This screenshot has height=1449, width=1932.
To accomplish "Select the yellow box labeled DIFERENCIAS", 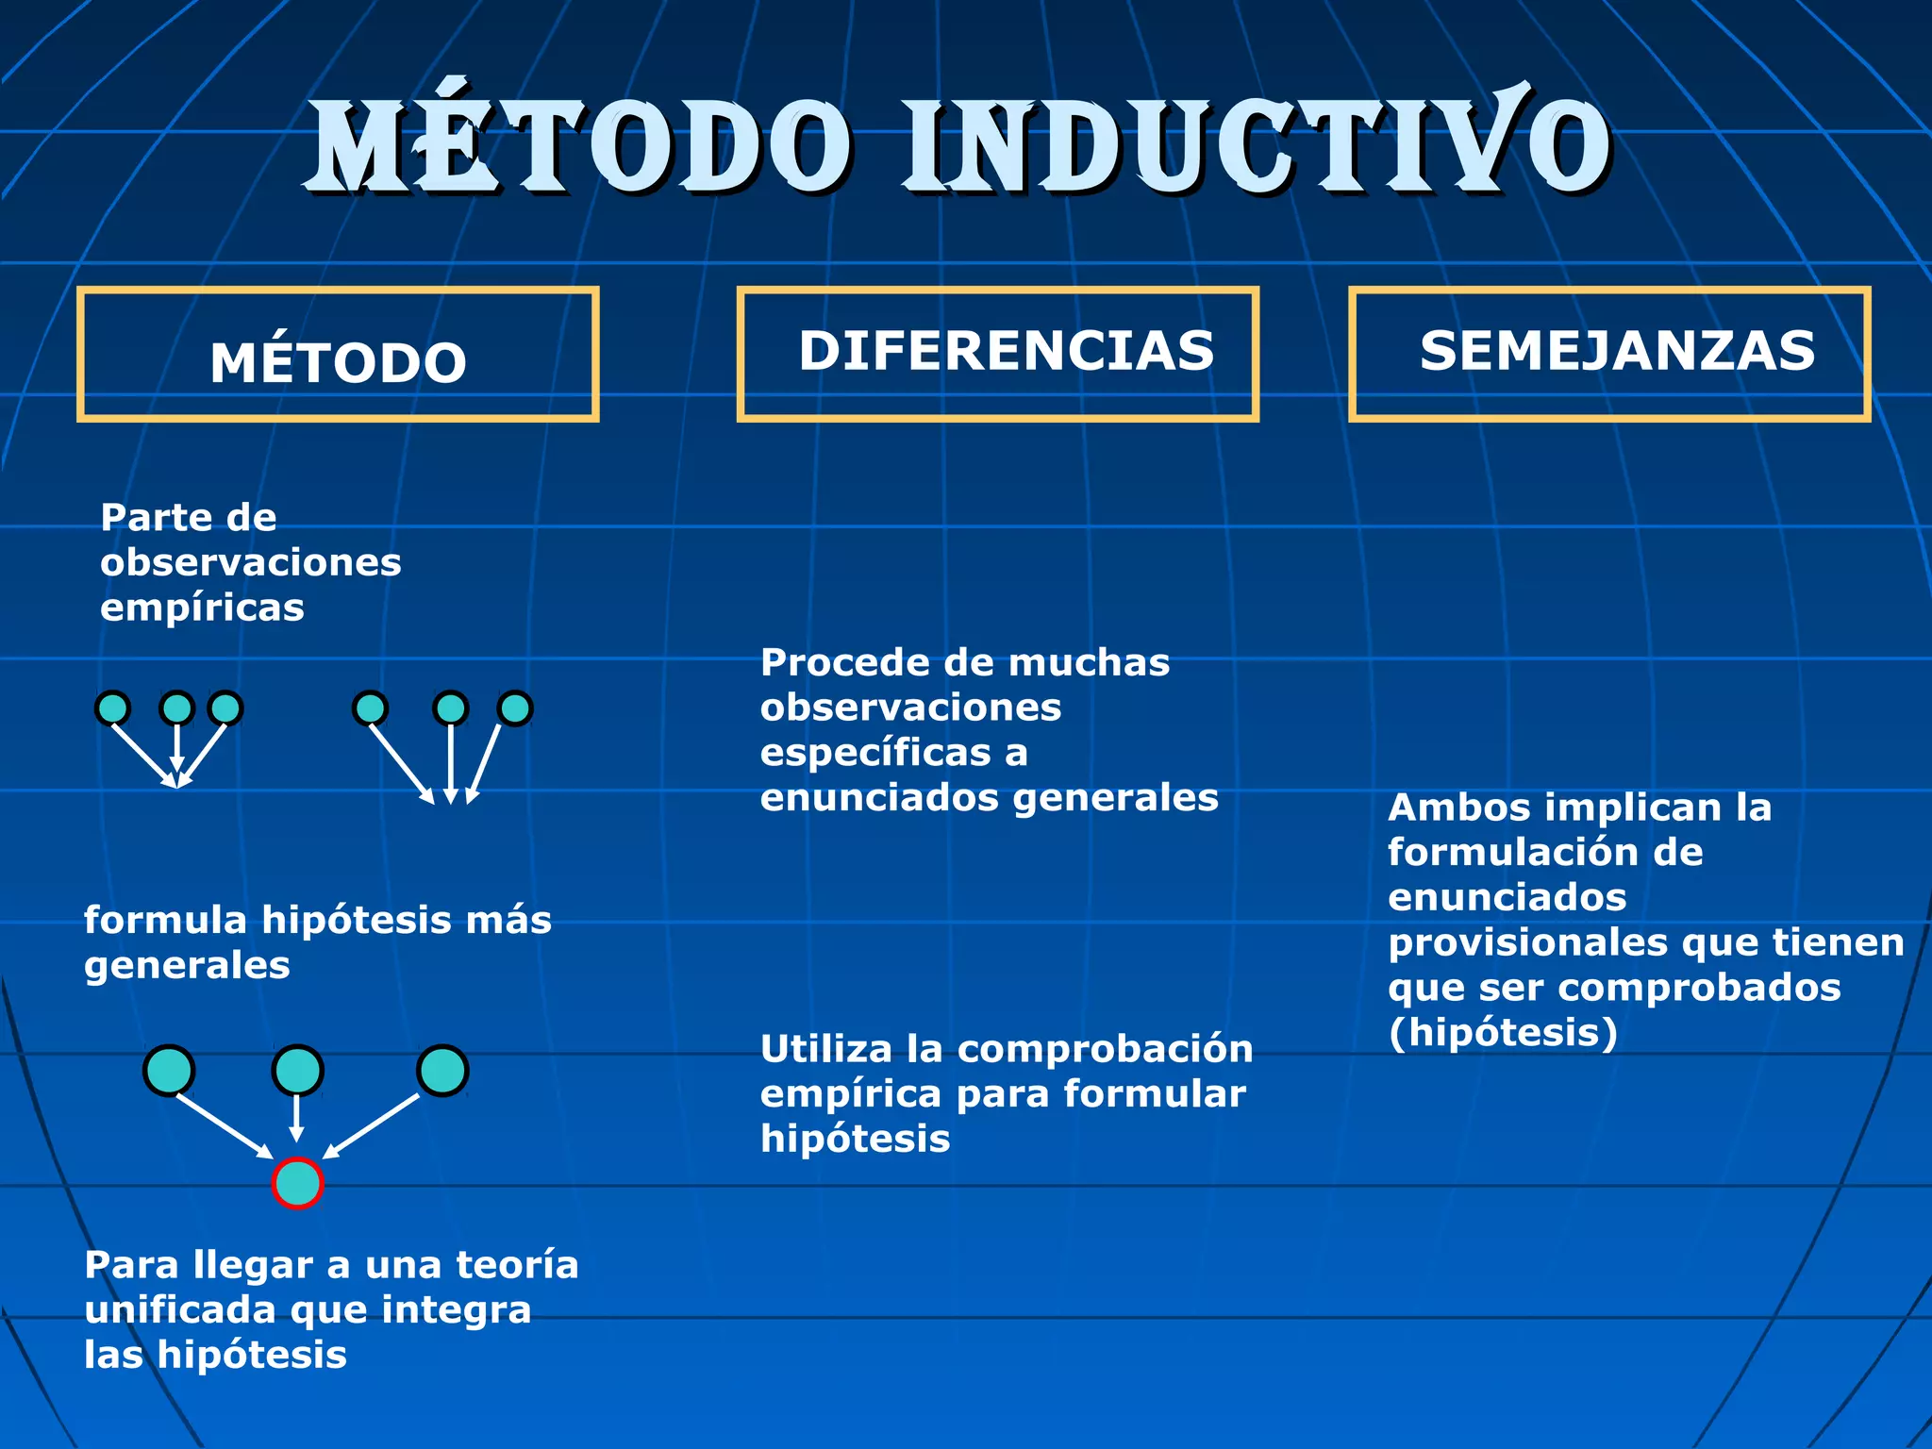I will coord(997,353).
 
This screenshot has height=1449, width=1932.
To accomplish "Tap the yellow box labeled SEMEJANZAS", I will coord(1608,353).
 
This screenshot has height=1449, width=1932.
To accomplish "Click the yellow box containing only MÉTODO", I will coord(338,355).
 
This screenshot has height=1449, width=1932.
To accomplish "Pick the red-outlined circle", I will coord(297,1183).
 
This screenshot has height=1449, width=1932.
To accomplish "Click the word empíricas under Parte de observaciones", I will coord(202,608).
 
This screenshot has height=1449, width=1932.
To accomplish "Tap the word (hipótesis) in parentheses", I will coord(1503,1032).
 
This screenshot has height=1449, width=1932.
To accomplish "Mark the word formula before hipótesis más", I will coord(165,920).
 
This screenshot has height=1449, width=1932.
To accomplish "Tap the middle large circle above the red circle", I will coord(297,1071).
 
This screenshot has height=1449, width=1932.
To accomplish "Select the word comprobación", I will coord(1105,1049).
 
